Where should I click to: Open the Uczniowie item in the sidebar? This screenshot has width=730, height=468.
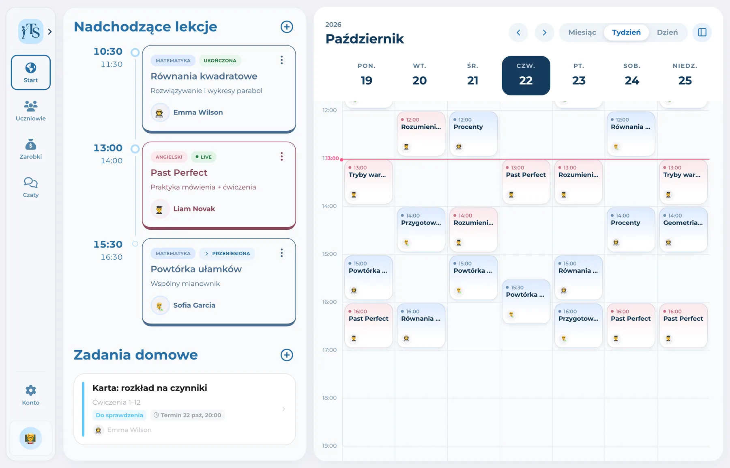pos(31,111)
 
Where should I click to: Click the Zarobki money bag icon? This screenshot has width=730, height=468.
pos(31,144)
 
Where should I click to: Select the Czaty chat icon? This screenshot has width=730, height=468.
pos(31,183)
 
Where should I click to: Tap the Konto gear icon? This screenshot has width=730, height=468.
pos(31,390)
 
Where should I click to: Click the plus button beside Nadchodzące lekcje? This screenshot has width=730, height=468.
pos(287,27)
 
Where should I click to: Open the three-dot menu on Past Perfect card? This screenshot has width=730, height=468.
pos(281,157)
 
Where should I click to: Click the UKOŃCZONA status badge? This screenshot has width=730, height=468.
pos(220,60)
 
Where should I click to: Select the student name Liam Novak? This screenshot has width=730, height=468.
pos(194,209)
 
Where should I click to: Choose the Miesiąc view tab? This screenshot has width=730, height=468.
pos(582,32)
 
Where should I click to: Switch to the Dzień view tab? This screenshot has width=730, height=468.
pos(667,32)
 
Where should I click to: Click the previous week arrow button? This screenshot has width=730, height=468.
pos(518,32)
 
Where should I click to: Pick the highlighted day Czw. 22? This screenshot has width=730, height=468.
pos(526,75)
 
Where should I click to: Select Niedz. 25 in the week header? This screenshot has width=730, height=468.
pos(685,75)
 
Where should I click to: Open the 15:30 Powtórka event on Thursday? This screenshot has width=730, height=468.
pos(526,301)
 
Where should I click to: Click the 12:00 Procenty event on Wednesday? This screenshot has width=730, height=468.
pos(473,134)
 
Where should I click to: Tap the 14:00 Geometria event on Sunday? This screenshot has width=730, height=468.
pos(683,229)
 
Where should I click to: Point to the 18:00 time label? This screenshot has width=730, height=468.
pos(329,398)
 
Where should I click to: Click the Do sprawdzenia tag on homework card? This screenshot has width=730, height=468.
pos(119,415)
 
